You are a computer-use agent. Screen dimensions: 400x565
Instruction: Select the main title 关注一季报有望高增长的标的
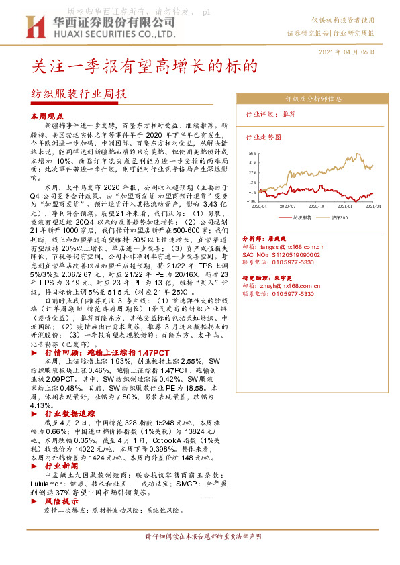[x=146, y=67]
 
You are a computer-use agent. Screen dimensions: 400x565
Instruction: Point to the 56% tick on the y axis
[x=252, y=152]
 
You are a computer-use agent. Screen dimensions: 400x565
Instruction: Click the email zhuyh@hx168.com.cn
[x=291, y=285]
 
